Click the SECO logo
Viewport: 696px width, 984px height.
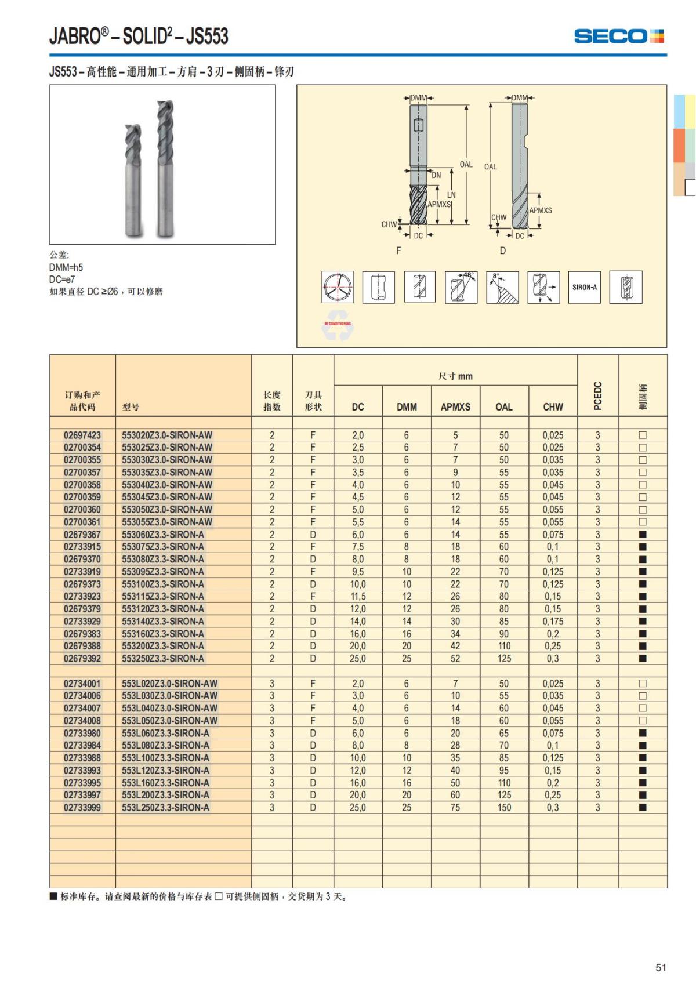pos(618,36)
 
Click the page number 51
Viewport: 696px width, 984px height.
pos(661,967)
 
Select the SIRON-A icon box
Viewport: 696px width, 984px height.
pos(584,287)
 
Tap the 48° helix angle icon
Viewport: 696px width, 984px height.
pos(461,287)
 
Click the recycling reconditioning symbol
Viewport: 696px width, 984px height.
pos(338,329)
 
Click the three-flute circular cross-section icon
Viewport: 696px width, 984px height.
pos(338,287)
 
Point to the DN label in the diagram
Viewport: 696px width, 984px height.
pos(436,175)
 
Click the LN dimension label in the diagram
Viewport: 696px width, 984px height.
pos(451,195)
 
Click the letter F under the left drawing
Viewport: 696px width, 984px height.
pos(398,250)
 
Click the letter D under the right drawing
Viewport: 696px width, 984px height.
pos(503,250)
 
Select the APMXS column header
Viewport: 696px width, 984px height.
pos(455,407)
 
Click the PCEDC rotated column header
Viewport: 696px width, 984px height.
pos(598,396)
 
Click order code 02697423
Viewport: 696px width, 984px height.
pos(82,435)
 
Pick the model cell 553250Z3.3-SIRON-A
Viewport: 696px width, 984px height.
pos(163,659)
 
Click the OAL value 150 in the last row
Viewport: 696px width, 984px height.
pos(504,808)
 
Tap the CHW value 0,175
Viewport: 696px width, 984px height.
pos(553,622)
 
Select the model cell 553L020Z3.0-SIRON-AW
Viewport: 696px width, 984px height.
pos(169,684)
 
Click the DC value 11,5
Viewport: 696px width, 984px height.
pos(358,597)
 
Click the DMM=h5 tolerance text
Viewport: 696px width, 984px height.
pos(66,267)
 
